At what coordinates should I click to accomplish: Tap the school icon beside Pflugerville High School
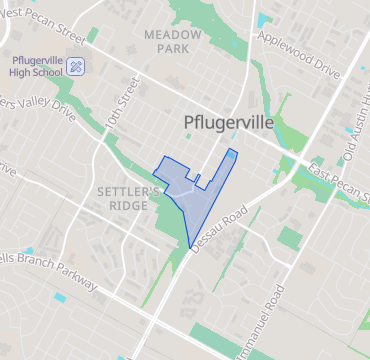coord(78,66)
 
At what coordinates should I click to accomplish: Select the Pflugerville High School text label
coord(35,65)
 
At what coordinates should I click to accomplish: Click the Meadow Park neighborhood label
coord(172,41)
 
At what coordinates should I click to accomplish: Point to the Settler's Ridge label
coord(128,198)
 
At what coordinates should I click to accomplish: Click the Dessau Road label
coord(216,229)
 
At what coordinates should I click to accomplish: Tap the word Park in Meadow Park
coord(172,48)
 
